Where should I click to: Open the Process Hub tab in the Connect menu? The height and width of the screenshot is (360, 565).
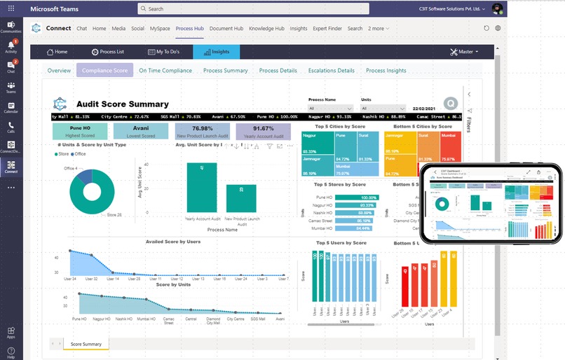(x=189, y=29)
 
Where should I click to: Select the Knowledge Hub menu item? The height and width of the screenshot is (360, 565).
(x=266, y=29)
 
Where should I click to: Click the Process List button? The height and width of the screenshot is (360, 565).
(x=108, y=52)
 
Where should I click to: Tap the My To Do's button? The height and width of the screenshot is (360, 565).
(x=164, y=52)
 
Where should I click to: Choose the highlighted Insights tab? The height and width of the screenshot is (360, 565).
(x=216, y=52)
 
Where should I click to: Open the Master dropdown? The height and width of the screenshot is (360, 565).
(x=464, y=52)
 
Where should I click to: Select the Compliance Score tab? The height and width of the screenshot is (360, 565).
(x=104, y=71)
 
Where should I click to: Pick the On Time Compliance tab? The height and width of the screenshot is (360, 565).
(x=165, y=71)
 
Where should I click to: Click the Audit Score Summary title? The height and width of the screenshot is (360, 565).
(x=122, y=104)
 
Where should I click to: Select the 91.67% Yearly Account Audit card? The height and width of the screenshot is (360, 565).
(x=264, y=132)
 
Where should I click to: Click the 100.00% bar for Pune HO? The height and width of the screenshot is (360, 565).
(x=358, y=198)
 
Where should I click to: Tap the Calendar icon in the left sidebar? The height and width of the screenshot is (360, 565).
(x=11, y=108)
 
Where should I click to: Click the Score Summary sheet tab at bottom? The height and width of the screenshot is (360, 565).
(x=86, y=344)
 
